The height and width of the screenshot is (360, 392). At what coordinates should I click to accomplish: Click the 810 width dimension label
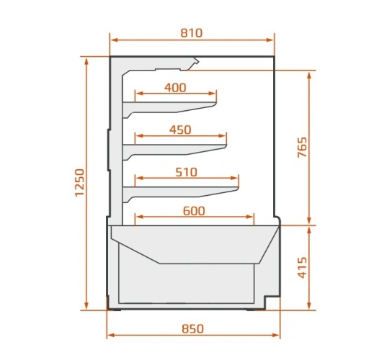click(x=192, y=33)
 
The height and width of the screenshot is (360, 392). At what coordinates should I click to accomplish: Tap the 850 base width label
click(x=192, y=329)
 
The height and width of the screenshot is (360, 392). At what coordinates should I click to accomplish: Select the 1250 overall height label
click(x=80, y=183)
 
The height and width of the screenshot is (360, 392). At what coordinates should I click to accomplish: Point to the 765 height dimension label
click(x=302, y=147)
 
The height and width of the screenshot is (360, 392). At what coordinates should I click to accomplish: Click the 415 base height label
click(x=302, y=267)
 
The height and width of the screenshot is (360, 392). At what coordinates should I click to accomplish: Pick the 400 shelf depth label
click(x=175, y=88)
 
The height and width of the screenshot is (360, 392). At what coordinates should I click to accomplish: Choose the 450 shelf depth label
click(x=180, y=130)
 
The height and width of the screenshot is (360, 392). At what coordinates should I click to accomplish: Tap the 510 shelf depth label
click(x=186, y=172)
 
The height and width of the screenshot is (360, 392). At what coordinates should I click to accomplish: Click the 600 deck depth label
click(x=194, y=211)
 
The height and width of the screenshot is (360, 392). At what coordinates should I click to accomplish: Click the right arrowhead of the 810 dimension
click(x=271, y=40)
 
